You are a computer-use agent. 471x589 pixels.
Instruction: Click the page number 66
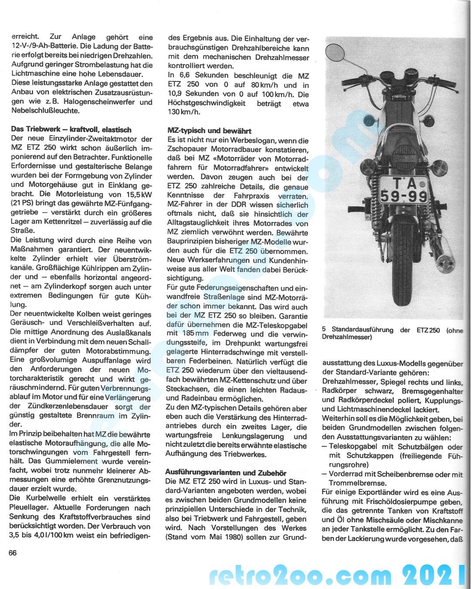point(12,553)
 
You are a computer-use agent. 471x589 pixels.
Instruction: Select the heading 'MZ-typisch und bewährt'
point(209,131)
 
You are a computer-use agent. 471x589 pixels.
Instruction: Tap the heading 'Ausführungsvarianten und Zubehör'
point(225,473)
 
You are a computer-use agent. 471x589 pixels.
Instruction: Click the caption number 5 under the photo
point(324,330)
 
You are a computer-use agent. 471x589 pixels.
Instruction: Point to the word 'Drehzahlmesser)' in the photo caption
point(347,337)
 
